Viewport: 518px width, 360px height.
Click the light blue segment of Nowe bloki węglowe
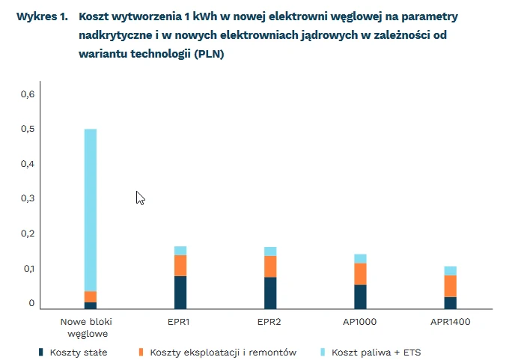click(90, 210)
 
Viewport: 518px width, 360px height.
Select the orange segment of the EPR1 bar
click(180, 266)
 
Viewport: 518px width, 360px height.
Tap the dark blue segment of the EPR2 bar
click(270, 293)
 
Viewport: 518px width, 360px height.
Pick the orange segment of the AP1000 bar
click(361, 274)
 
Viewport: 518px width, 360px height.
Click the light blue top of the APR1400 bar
click(450, 271)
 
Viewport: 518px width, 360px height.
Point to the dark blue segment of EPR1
click(180, 292)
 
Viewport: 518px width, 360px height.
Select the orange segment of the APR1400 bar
click(450, 286)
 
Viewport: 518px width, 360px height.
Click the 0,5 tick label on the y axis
click(28, 129)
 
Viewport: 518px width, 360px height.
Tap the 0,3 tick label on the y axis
click(28, 198)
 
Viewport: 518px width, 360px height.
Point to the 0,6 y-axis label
click(28, 94)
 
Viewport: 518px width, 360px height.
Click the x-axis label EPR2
click(270, 322)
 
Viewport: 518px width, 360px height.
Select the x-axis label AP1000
click(361, 322)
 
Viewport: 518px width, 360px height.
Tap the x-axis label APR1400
click(450, 322)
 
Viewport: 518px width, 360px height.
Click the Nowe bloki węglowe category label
click(90, 327)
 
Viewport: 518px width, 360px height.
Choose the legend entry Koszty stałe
click(78, 352)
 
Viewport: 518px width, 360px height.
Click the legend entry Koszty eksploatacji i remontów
click(223, 352)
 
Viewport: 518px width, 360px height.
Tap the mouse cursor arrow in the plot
click(140, 197)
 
